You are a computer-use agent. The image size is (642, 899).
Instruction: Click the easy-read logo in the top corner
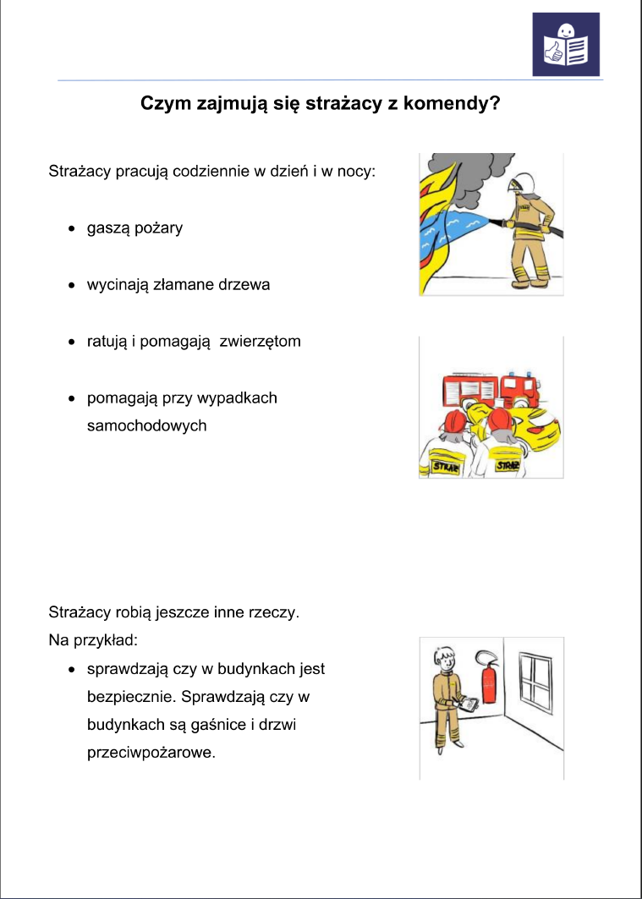click(565, 44)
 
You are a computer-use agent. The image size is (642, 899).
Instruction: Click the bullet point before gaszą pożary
click(73, 229)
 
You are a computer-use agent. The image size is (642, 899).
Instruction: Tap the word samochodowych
click(146, 425)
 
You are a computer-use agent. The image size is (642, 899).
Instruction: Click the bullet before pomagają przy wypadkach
click(73, 397)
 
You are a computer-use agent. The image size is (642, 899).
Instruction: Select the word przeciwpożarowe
click(151, 752)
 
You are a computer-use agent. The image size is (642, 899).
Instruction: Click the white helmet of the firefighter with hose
click(519, 181)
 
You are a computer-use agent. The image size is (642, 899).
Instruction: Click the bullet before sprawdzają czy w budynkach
click(73, 669)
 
